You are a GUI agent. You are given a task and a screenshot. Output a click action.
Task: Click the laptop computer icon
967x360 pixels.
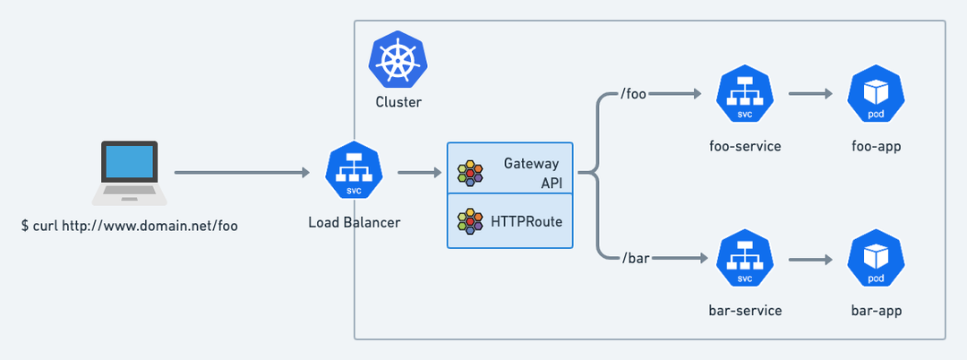point(130,173)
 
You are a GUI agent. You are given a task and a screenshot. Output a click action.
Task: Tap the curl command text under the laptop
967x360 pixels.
point(130,227)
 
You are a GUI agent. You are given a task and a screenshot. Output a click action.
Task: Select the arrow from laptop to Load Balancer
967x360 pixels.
point(242,173)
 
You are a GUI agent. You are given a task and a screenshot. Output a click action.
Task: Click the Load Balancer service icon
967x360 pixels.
point(354,170)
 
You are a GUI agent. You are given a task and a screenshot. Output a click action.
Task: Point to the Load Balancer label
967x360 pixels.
point(354,222)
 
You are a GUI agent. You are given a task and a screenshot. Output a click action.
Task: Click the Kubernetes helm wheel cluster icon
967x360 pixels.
point(398,60)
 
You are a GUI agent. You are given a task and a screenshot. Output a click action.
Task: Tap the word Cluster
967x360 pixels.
point(398,102)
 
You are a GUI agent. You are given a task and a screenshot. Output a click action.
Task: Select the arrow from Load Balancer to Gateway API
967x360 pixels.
point(420,173)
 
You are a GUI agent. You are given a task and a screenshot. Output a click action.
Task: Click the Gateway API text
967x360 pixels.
point(531,173)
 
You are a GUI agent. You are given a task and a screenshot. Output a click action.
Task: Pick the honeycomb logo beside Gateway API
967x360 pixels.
point(470,173)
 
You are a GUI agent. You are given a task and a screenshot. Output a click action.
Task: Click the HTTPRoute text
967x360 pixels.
point(526,221)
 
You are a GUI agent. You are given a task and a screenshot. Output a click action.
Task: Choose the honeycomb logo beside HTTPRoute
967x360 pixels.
point(470,221)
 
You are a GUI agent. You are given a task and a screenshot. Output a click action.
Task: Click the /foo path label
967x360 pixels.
point(632,94)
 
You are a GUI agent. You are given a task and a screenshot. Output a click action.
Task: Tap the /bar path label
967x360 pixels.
point(636,258)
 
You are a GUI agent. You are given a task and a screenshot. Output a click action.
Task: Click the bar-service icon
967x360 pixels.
point(745,259)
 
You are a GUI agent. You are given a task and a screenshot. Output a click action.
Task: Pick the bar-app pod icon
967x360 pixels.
point(876,259)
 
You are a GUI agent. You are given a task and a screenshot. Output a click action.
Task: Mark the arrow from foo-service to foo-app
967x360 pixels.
point(810,94)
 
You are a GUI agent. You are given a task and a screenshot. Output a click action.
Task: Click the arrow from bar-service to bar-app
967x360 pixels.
point(810,260)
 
